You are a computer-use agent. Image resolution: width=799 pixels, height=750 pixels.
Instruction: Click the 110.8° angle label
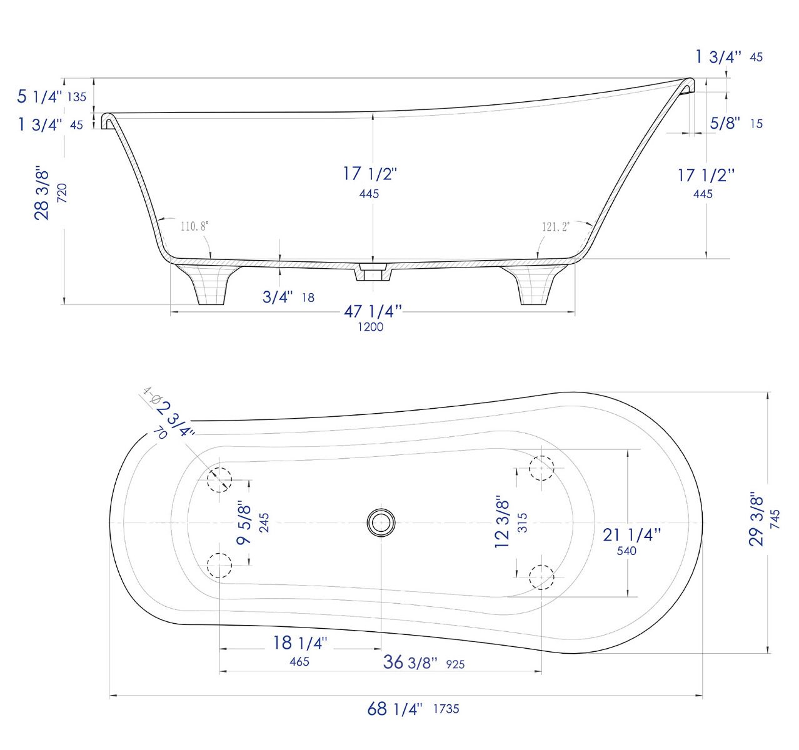coord(194,226)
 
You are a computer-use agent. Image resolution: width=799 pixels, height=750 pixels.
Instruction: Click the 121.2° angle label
coord(555,226)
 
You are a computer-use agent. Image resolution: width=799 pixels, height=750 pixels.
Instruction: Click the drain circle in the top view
coord(381,522)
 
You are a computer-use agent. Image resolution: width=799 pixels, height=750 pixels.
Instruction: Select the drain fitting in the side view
coord(373,273)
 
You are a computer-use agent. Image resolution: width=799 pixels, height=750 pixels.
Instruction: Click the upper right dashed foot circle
coord(541,467)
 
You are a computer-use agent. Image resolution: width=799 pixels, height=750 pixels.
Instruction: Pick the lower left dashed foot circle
coord(219,565)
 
